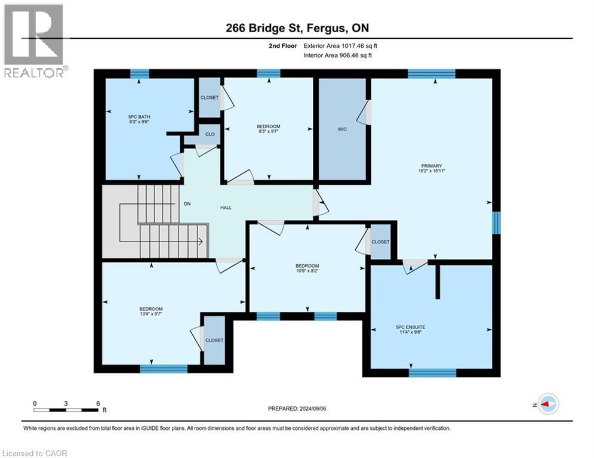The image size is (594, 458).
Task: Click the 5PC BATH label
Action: (137, 116)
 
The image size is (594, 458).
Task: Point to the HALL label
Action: (225, 208)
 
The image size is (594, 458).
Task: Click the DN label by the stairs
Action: (186, 203)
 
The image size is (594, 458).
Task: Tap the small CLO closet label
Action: (210, 134)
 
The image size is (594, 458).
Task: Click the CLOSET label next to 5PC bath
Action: (209, 97)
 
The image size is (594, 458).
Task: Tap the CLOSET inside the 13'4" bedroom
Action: (214, 340)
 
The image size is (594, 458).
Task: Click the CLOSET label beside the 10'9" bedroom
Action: (380, 242)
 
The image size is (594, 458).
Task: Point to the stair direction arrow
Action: (200, 241)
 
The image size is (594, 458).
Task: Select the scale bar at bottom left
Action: (66, 410)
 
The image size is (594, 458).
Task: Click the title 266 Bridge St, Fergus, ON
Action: (297, 29)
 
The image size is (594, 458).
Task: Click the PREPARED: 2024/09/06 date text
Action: (298, 409)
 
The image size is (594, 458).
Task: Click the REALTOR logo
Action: (33, 41)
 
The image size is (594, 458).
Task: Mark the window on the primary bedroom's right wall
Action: (497, 222)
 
